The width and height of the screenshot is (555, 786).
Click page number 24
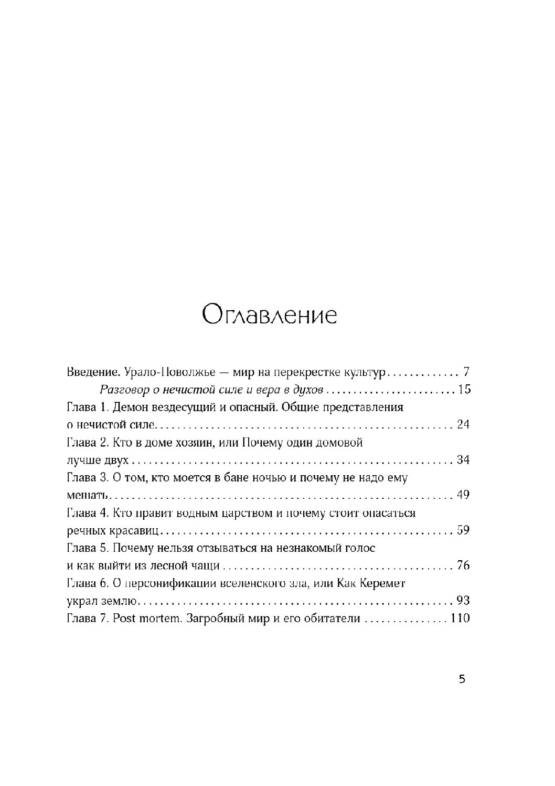pos(463,425)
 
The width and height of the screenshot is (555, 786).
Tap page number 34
pos(463,460)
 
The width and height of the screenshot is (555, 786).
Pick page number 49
pos(463,496)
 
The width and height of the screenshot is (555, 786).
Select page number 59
pos(463,531)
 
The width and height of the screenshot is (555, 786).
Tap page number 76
pos(463,566)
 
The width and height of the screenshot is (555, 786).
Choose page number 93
pos(463,601)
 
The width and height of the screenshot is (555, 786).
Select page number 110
pos(459,619)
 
